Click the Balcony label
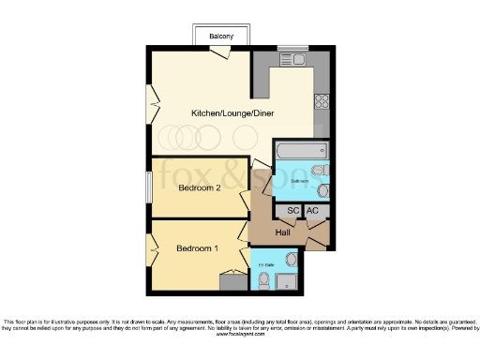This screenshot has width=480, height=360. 221,37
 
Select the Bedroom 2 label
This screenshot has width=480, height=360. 199,187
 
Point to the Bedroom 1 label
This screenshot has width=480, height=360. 197,248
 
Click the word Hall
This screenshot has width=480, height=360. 282,232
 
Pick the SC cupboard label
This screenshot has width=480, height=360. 292,212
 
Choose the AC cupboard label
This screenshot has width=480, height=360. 313,212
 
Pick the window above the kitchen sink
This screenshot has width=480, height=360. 292,47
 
